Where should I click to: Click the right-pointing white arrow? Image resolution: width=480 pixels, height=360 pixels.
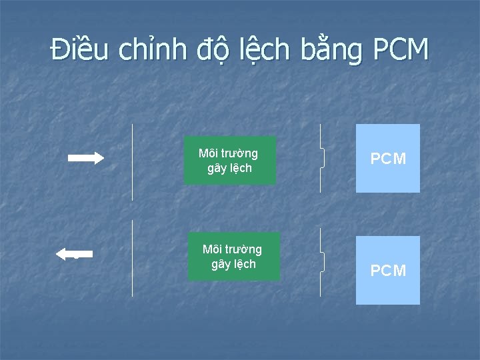86,158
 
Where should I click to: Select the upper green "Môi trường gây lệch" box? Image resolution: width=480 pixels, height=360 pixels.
229,160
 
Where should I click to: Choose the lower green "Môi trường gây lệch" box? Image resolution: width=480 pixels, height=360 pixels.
233,257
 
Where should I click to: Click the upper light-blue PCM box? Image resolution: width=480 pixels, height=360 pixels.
388,158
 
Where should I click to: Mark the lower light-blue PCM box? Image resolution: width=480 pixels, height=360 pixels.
388,270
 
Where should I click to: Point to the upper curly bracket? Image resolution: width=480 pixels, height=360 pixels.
323,158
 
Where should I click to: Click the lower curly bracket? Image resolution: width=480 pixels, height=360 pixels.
323,262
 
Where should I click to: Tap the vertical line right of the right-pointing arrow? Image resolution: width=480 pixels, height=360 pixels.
132,161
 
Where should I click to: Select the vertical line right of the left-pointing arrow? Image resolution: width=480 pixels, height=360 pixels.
132,258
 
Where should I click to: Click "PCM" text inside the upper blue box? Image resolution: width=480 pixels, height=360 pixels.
388,159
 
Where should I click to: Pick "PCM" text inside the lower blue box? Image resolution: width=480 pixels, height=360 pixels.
388,271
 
